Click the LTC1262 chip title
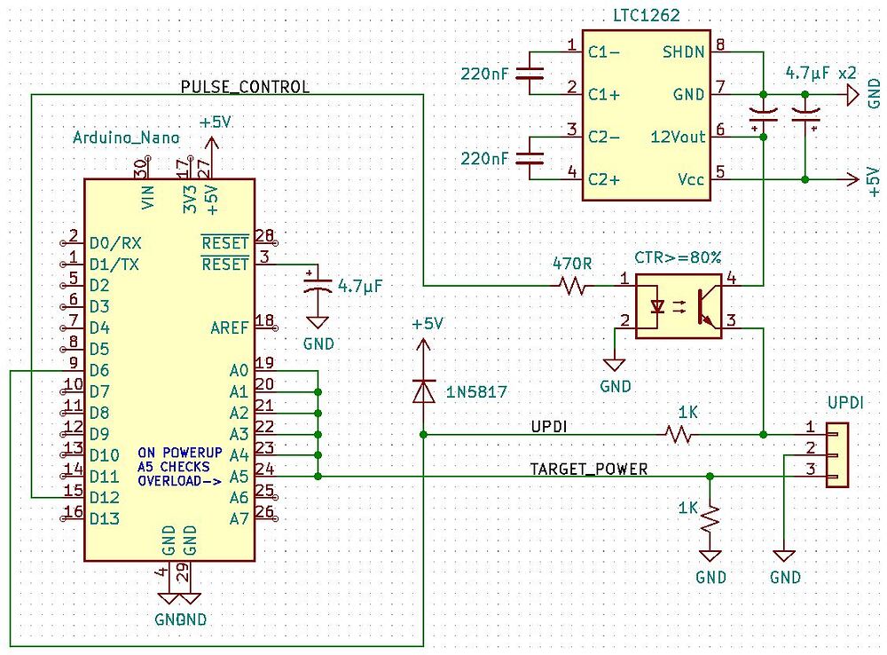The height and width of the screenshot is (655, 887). tap(646, 15)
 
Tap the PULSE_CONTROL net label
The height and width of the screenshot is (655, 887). tap(245, 87)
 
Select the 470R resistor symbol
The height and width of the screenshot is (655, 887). tap(572, 285)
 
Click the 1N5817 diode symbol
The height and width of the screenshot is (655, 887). tap(423, 391)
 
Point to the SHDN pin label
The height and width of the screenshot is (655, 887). tap(683, 52)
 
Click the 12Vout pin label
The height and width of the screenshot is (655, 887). tap(678, 137)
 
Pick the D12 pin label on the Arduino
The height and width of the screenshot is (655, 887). tap(105, 498)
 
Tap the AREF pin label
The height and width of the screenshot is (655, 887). tap(229, 327)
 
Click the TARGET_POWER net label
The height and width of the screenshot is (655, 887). tap(588, 469)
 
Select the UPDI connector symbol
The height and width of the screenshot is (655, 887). tap(836, 454)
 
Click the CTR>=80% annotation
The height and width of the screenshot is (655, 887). tap(678, 257)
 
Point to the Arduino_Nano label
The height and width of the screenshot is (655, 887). tap(126, 138)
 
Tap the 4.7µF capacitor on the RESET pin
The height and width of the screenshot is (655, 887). tap(318, 286)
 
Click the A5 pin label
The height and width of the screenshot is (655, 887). tap(239, 477)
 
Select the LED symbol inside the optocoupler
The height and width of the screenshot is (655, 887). tap(656, 307)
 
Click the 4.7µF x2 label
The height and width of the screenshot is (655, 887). tap(820, 73)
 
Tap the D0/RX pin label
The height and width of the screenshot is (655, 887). tap(115, 243)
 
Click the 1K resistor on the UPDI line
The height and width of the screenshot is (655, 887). tap(679, 435)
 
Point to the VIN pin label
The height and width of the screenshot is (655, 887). tap(147, 198)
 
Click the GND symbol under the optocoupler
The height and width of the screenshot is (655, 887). tap(614, 365)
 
